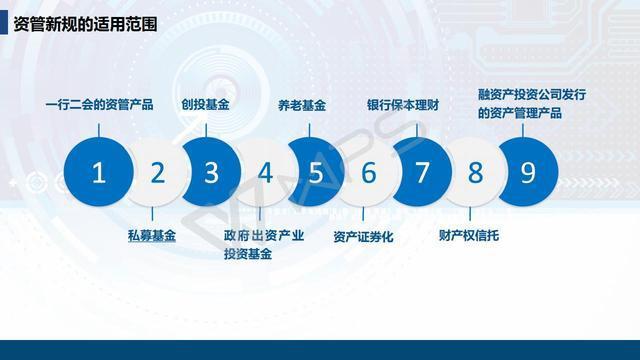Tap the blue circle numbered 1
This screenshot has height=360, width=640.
(98, 172)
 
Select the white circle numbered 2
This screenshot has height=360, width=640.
(157, 172)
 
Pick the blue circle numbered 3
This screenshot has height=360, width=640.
(211, 172)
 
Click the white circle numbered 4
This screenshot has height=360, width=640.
(264, 172)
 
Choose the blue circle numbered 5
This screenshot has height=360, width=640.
(316, 172)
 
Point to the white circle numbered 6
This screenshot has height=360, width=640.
(368, 172)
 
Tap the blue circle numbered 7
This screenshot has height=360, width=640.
(421, 172)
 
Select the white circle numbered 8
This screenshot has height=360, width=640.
(475, 172)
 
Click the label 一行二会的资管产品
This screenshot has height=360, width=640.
(99, 104)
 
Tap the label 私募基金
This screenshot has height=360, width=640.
(152, 236)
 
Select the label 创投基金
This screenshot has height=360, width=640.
(205, 104)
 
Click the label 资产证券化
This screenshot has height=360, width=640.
(364, 237)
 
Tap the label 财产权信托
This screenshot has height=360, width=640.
(468, 236)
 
